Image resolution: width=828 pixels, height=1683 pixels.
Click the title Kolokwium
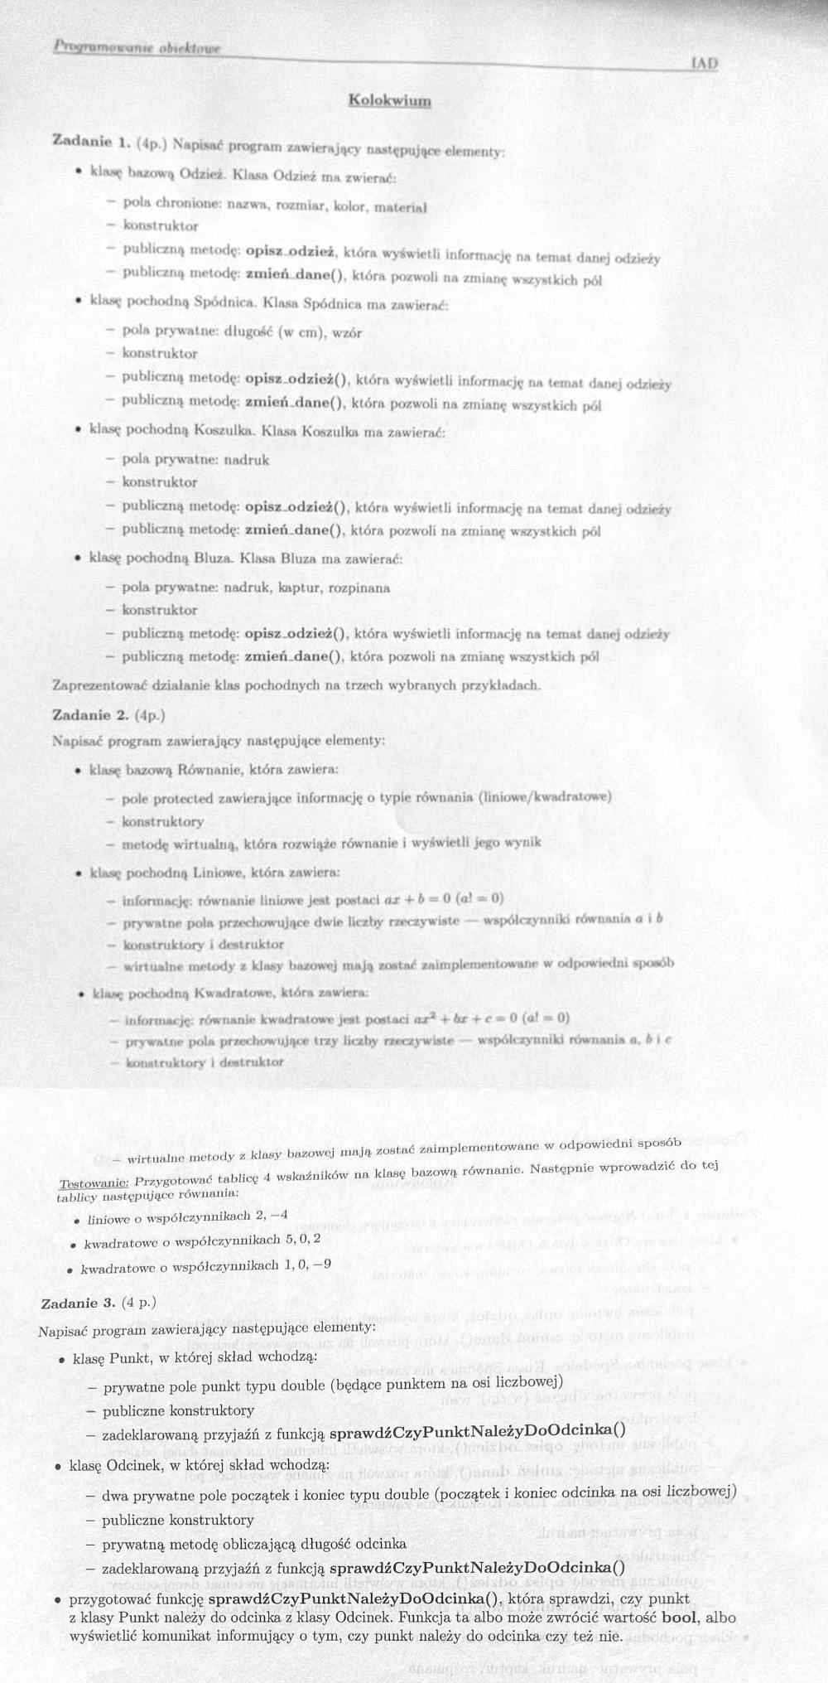point(390,101)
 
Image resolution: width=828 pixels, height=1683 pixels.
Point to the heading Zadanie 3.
point(78,1303)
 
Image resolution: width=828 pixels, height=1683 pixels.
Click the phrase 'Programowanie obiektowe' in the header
point(138,48)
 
